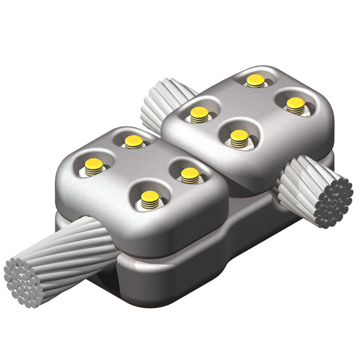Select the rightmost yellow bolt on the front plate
pyautogui.click(x=189, y=173)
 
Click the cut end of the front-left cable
pyautogui.click(x=22, y=281)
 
